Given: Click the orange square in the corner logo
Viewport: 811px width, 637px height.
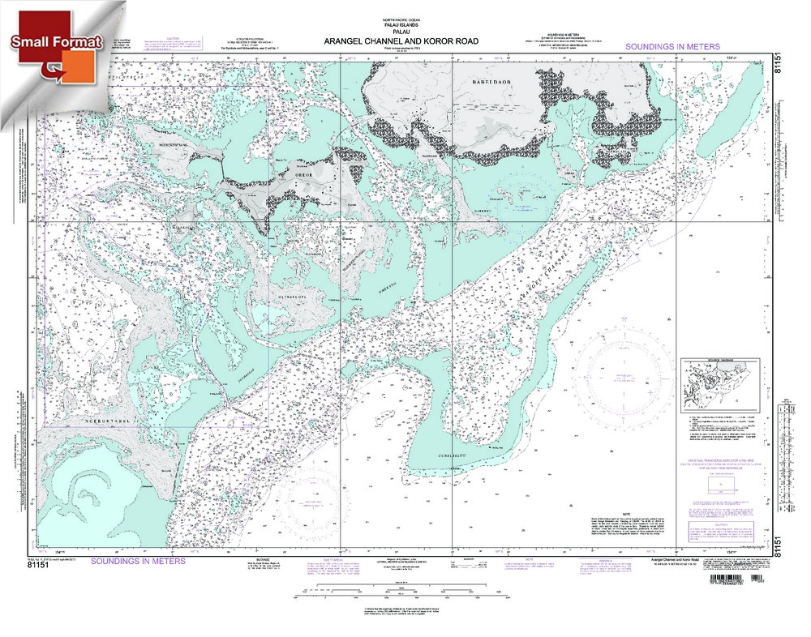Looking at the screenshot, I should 82,66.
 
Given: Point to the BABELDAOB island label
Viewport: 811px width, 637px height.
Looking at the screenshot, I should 499,83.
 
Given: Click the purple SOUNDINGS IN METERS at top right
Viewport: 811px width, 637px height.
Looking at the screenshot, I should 672,47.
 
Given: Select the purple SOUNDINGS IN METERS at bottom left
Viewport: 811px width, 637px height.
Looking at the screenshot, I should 138,561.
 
